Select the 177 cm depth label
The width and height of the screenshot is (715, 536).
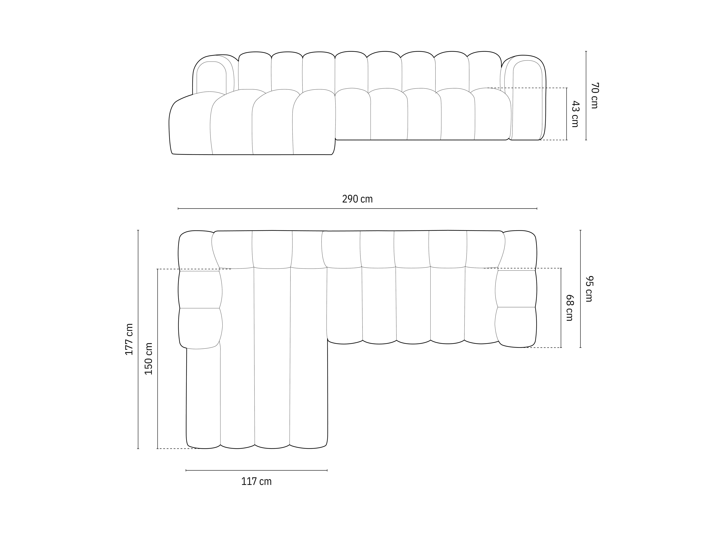(x=129, y=339)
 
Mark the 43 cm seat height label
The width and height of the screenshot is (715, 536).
(x=575, y=114)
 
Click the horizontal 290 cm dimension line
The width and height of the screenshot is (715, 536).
(x=357, y=209)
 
